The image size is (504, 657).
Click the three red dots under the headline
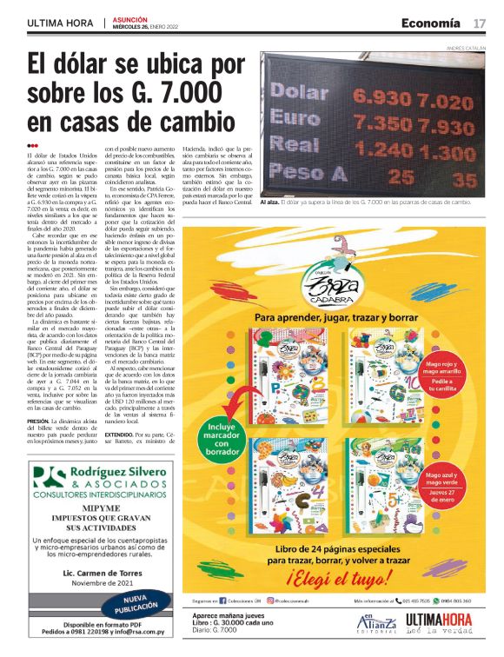pos(32,146)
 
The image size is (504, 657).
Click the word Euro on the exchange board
pos(295,116)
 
